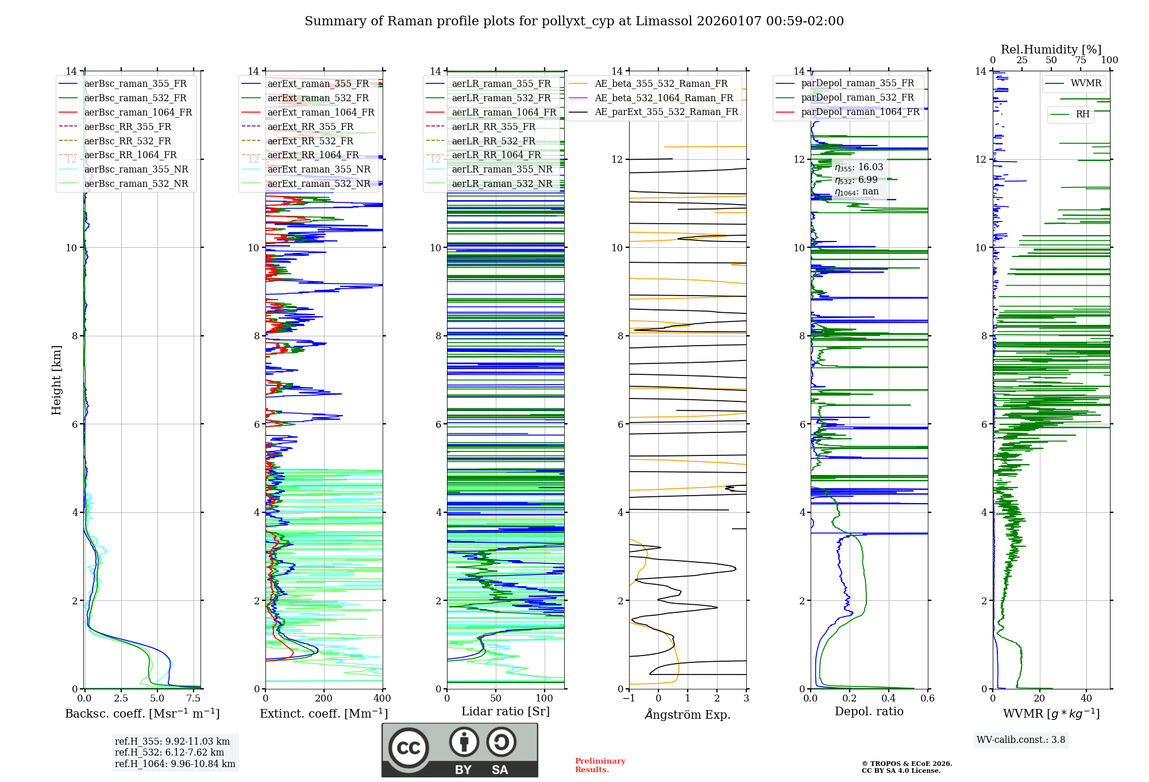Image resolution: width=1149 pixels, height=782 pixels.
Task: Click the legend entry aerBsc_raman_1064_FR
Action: tap(138, 112)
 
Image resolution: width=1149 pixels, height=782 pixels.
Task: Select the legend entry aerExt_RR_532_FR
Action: tap(310, 141)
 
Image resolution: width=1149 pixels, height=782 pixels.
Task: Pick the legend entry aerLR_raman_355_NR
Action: tap(502, 169)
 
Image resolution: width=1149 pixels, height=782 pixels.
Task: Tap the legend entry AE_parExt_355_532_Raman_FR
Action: tap(666, 112)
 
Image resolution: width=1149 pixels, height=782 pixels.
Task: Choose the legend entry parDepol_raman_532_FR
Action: tap(857, 98)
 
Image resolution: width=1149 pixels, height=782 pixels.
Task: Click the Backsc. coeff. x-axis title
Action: tap(142, 714)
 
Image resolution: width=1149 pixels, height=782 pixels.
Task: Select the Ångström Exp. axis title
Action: tap(688, 715)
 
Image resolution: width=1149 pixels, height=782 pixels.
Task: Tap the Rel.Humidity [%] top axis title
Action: tap(1051, 49)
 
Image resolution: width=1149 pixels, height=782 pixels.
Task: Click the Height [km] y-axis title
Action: tap(56, 379)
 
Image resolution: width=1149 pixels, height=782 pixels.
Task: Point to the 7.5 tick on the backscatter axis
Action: tap(194, 699)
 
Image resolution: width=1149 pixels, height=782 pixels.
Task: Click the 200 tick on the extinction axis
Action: tap(323, 699)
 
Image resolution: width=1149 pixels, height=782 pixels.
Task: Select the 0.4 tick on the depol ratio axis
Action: tap(889, 699)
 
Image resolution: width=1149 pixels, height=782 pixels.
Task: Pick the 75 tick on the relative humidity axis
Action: tap(1081, 60)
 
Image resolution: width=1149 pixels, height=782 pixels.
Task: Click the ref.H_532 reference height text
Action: tap(169, 752)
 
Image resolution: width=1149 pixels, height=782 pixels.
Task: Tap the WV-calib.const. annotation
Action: tap(1021, 740)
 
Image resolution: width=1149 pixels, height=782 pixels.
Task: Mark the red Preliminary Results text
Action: tap(600, 765)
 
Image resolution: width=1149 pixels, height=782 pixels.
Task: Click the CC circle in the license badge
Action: tap(408, 747)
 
